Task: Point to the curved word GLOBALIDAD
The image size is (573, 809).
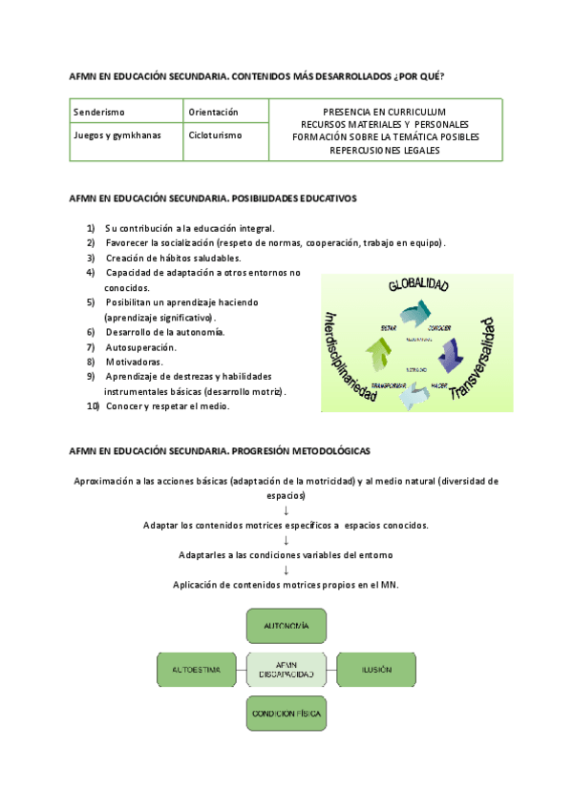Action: [x=418, y=284]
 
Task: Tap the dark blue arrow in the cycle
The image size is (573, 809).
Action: [x=450, y=355]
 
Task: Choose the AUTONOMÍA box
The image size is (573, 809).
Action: [x=286, y=626]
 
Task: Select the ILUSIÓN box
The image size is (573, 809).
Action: [x=376, y=670]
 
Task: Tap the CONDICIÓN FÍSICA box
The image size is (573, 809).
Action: [x=286, y=713]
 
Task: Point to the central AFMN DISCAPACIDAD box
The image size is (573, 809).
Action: [x=286, y=670]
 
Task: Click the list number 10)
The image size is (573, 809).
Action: [x=93, y=406]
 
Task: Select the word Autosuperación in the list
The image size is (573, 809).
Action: [x=140, y=347]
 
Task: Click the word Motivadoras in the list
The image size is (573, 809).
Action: [x=134, y=362]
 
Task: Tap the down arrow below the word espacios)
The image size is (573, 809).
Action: [x=286, y=510]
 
